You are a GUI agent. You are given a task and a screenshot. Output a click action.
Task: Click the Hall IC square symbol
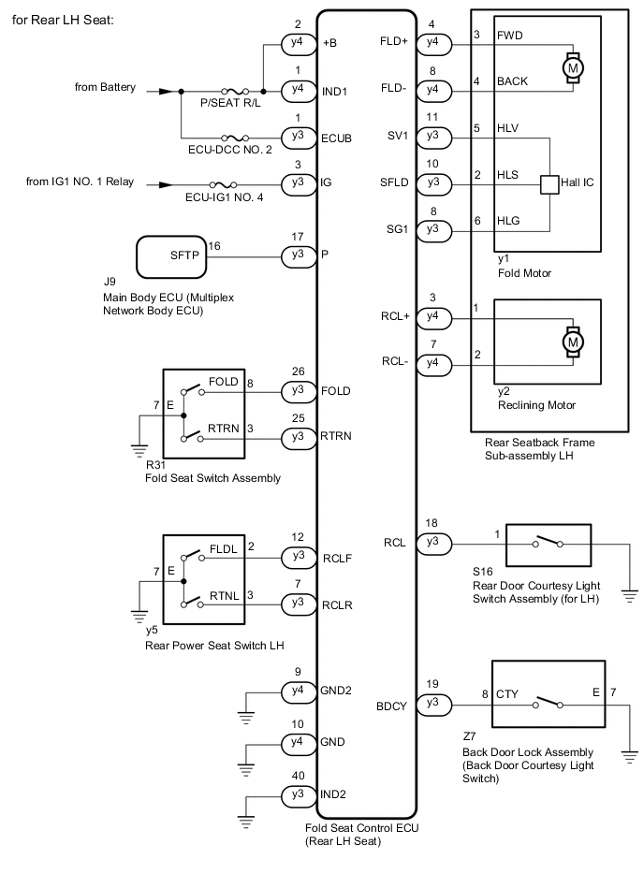[x=549, y=183]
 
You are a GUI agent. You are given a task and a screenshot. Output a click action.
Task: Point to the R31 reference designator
[x=154, y=464]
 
